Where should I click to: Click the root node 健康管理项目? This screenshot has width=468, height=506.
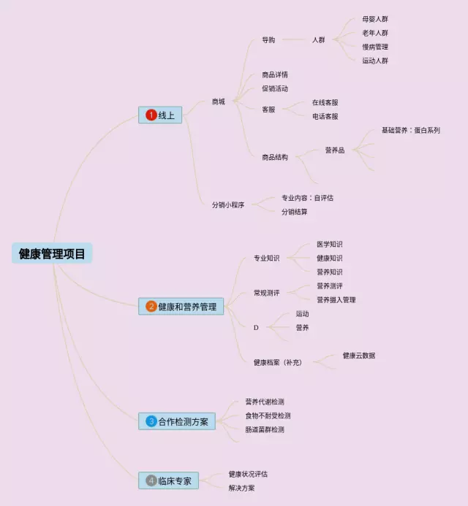(52, 253)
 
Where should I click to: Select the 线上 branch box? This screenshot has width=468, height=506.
(161, 115)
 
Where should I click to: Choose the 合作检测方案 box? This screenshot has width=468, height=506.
(177, 421)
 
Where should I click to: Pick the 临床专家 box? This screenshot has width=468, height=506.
(168, 480)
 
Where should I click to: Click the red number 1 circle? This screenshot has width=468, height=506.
(151, 115)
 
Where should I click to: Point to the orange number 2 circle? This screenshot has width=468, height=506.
(151, 307)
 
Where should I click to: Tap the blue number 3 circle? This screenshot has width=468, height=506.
(151, 421)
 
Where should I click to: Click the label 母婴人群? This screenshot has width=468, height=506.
(375, 19)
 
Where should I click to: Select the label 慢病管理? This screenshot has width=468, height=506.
(375, 47)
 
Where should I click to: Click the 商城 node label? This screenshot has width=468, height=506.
(218, 101)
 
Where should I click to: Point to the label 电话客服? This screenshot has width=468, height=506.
(325, 116)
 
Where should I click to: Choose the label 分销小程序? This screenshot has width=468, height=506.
(228, 205)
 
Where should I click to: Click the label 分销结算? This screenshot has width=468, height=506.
(295, 212)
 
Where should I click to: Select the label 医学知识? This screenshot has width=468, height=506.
(329, 244)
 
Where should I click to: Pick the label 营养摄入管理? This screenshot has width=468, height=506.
(336, 299)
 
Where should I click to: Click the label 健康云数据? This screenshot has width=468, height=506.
(359, 356)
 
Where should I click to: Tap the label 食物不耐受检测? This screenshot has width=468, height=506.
(268, 415)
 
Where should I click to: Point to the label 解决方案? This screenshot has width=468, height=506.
(241, 488)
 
